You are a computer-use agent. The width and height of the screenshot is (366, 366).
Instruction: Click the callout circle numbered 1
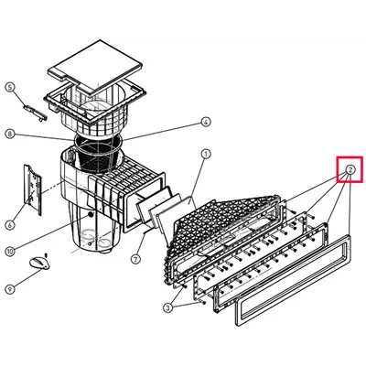(x=206, y=154)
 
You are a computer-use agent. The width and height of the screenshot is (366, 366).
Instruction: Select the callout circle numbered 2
(x=350, y=169)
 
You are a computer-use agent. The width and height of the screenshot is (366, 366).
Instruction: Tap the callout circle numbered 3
(x=167, y=308)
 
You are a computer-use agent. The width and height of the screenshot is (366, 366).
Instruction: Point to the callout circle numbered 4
(x=206, y=122)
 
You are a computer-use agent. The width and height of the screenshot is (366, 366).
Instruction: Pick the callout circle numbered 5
(x=9, y=88)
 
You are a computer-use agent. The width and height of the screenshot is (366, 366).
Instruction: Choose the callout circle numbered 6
(x=9, y=225)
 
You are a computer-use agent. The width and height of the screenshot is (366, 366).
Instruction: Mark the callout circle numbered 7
(x=135, y=259)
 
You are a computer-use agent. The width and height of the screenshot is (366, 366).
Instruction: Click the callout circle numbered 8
(x=9, y=134)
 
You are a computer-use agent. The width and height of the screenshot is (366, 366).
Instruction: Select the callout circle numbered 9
(x=9, y=289)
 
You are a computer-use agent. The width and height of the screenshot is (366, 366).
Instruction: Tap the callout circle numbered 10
(x=9, y=251)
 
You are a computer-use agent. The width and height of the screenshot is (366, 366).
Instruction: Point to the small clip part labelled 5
(x=35, y=113)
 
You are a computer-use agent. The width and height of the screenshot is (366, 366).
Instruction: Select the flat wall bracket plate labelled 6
(x=33, y=190)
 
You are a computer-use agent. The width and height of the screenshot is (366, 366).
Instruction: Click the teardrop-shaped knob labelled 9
(x=39, y=263)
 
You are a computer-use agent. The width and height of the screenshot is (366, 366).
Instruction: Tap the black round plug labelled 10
(x=91, y=215)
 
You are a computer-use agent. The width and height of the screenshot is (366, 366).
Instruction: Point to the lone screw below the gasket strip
(x=202, y=302)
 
